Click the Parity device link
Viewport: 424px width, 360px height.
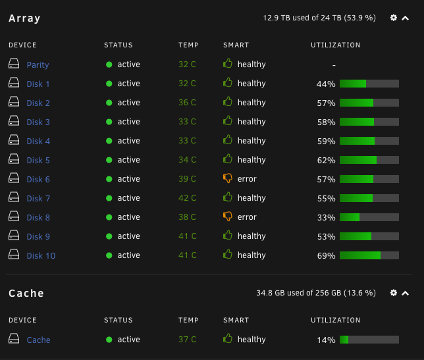[x=38, y=65]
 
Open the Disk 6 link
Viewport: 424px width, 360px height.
[x=38, y=180]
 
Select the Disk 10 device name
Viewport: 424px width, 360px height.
[x=41, y=255]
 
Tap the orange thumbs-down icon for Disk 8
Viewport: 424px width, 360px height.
[x=228, y=217]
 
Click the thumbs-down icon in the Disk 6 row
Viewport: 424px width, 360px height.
[x=228, y=178]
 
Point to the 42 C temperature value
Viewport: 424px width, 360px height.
[x=187, y=198]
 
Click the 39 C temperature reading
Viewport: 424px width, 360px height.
[x=187, y=178]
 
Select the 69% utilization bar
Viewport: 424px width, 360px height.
[x=369, y=255]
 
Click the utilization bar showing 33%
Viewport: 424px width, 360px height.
[x=369, y=217]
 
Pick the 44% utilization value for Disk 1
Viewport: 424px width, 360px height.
[x=326, y=84]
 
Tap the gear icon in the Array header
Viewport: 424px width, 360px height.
[x=394, y=18]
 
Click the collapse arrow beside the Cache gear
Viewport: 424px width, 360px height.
[x=405, y=294]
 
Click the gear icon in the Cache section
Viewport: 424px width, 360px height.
[x=394, y=293]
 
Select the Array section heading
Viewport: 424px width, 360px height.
[x=24, y=18]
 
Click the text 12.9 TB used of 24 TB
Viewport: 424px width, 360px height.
[x=302, y=18]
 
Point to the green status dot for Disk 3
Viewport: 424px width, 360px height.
[x=109, y=122]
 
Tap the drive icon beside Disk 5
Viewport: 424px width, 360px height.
[x=14, y=159]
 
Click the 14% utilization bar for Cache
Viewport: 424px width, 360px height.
[x=369, y=340]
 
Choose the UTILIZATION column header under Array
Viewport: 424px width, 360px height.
[x=336, y=45]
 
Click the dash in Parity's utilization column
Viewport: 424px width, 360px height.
[x=334, y=65]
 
